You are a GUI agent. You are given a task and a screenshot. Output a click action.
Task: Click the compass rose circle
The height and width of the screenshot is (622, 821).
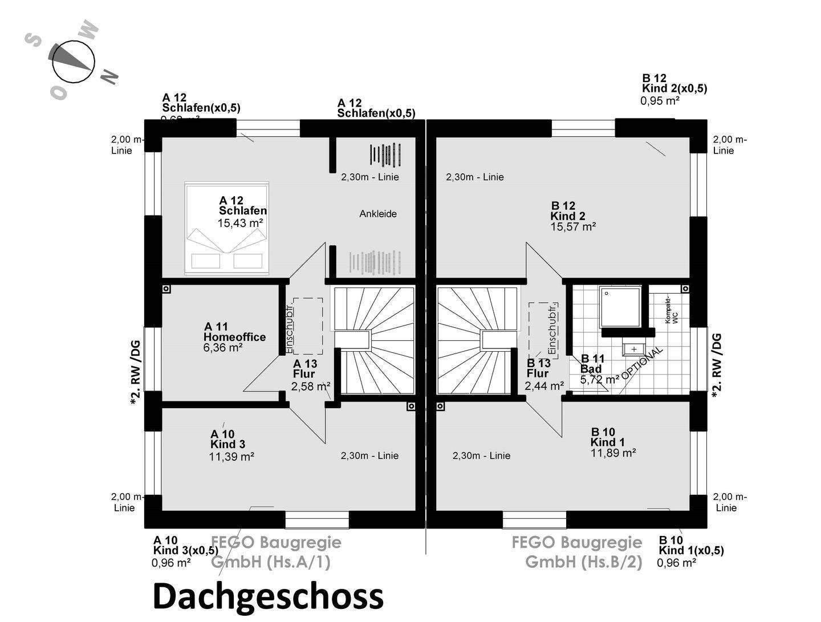(x=73, y=63)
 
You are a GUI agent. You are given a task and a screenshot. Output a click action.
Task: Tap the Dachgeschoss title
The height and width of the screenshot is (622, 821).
(x=268, y=596)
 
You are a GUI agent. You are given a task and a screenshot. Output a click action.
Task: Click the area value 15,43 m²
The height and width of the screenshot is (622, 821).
(x=240, y=223)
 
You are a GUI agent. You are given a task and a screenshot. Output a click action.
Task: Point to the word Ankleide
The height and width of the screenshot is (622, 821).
(x=378, y=214)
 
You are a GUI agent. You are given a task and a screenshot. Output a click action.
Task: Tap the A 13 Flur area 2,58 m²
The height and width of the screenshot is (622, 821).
(x=311, y=387)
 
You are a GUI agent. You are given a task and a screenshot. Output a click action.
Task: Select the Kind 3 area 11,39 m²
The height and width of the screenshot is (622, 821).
(x=231, y=456)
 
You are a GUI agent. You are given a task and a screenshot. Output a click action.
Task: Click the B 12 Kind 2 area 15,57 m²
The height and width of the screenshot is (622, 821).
(x=573, y=226)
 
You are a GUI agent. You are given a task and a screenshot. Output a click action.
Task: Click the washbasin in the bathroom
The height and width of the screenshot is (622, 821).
(x=633, y=348)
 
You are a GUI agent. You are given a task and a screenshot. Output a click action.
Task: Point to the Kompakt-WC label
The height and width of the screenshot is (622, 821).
(x=672, y=311)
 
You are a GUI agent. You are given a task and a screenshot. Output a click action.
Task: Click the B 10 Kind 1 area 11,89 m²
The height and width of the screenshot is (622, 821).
(x=613, y=453)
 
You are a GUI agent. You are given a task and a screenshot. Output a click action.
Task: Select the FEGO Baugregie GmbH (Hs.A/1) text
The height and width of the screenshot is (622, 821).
(x=276, y=552)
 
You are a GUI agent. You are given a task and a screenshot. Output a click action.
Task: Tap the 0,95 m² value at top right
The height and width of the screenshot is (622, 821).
(x=660, y=101)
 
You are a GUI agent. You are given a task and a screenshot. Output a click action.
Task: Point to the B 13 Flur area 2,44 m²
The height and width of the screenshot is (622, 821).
(x=544, y=386)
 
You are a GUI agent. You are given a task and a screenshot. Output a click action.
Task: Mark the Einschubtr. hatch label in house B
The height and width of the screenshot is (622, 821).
(x=552, y=328)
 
